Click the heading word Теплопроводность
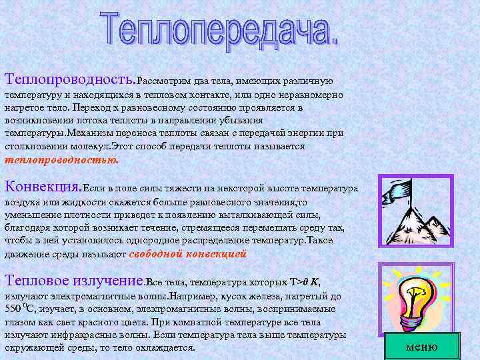(x=69, y=81)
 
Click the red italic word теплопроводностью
(x=61, y=160)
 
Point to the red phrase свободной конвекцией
(x=187, y=253)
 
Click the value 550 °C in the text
(x=17, y=309)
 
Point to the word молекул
(x=93, y=146)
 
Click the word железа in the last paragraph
(x=247, y=297)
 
